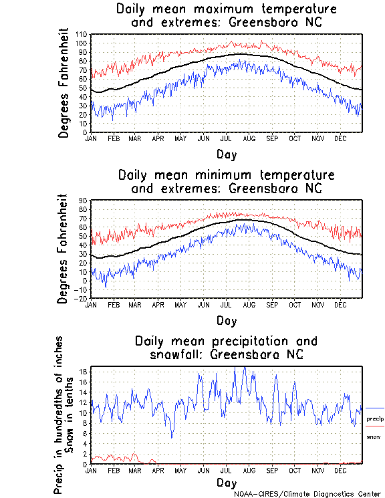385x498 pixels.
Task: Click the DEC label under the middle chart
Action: click(340, 305)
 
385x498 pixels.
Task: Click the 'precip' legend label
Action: click(375, 419)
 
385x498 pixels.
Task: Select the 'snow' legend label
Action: click(373, 437)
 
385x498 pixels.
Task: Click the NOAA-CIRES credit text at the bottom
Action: click(307, 494)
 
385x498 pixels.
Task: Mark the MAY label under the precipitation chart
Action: click(180, 471)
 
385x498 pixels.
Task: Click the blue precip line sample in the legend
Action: click(375, 408)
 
